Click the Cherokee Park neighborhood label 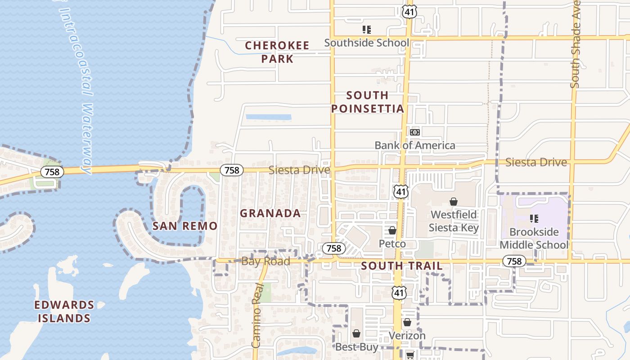pos(277,52)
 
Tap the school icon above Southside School pos(367,30)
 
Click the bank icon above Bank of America pos(414,132)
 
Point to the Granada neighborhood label pos(270,213)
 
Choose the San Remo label pos(185,226)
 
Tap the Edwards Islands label pos(64,311)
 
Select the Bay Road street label pos(265,261)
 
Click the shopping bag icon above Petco pos(392,230)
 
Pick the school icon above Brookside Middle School pos(534,219)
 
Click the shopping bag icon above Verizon pos(407,322)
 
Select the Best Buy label pos(357,347)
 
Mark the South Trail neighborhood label pos(402,266)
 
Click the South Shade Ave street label pos(576,45)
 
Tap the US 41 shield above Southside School pos(409,12)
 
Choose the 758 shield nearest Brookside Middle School pos(514,261)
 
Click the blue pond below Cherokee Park pos(268,117)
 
